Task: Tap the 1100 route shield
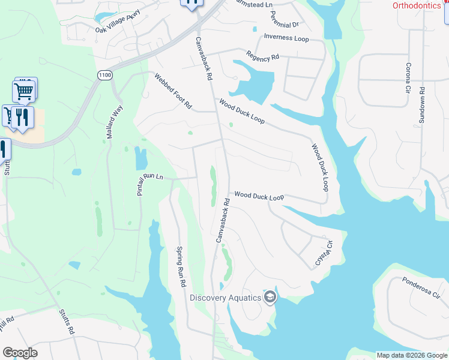[105, 74]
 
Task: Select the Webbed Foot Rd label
[173, 91]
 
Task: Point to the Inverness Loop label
[286, 38]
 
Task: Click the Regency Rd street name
[263, 56]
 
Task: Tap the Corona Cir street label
[408, 78]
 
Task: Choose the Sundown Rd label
[422, 106]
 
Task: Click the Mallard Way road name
[114, 122]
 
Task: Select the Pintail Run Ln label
[150, 184]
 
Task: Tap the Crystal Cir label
[324, 254]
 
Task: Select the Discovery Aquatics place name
[226, 298]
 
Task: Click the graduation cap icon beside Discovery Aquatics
[270, 297]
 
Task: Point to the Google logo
[20, 353]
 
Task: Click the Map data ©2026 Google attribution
[412, 355]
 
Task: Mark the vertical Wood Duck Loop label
[320, 167]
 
